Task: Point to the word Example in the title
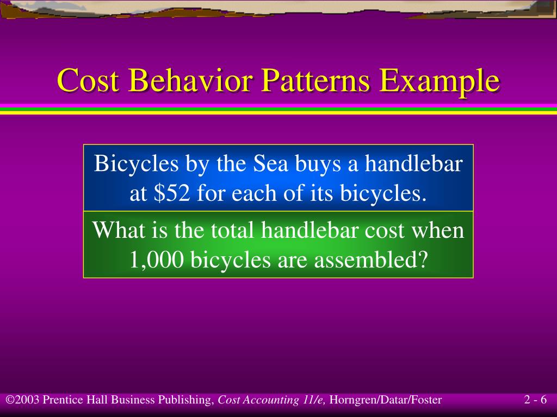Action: (439, 82)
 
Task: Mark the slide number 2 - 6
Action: (535, 401)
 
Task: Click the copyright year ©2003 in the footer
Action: (23, 401)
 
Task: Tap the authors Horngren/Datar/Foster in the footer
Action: (386, 401)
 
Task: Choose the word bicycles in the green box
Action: (223, 261)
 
